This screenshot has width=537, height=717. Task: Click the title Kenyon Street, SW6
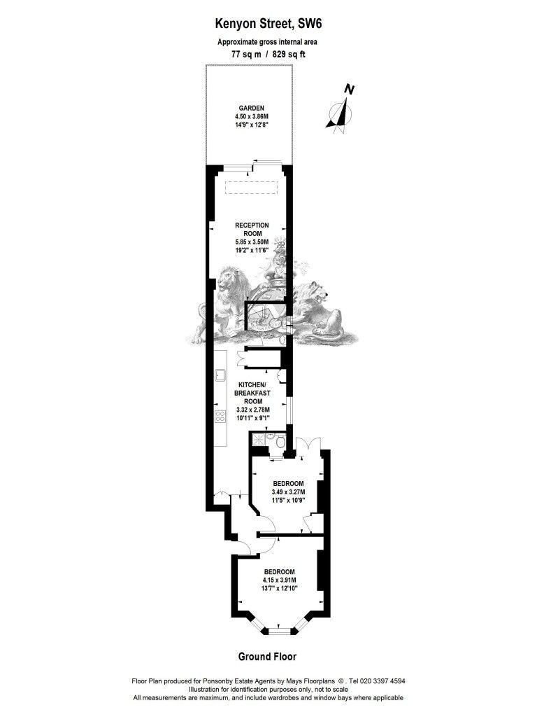click(271, 23)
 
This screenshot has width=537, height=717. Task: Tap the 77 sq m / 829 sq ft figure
click(268, 54)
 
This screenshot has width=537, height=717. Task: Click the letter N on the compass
click(349, 90)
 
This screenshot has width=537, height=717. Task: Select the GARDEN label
click(251, 109)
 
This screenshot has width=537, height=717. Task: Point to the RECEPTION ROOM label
click(252, 230)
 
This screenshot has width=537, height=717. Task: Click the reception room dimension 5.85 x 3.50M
click(252, 242)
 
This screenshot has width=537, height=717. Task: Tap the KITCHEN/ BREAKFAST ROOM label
click(252, 393)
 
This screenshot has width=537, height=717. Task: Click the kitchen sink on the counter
click(221, 375)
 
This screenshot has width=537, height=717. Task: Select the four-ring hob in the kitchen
click(220, 416)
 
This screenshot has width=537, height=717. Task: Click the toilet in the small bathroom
click(280, 442)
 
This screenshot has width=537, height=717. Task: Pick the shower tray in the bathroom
click(259, 440)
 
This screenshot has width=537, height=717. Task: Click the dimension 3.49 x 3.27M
click(288, 492)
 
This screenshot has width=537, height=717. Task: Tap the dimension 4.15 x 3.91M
click(280, 580)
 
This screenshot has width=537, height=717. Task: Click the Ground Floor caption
click(267, 657)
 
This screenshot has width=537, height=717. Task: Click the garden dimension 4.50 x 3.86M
click(251, 116)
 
